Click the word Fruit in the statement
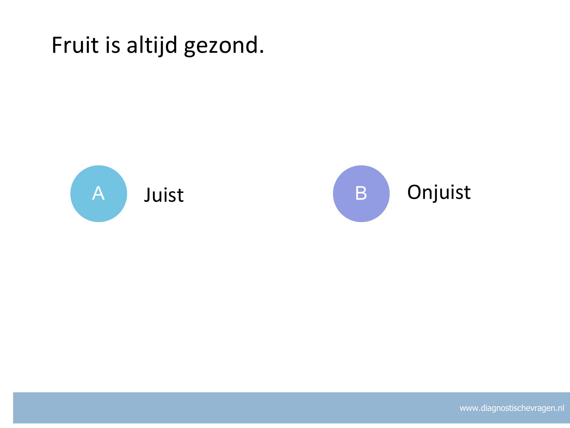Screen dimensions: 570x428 pyautogui.click(x=75, y=45)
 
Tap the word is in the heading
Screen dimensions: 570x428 pyautogui.click(x=113, y=45)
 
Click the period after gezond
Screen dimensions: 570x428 pyautogui.click(x=261, y=51)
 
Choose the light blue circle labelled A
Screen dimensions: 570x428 pyautogui.click(x=99, y=194)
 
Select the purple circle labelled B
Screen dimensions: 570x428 pyautogui.click(x=361, y=194)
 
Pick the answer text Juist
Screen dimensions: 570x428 pyautogui.click(x=164, y=195)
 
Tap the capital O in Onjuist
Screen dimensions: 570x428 pyautogui.click(x=415, y=192)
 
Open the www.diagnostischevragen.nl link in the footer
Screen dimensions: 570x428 pyautogui.click(x=512, y=408)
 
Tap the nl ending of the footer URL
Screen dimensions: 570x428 pyautogui.click(x=561, y=408)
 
